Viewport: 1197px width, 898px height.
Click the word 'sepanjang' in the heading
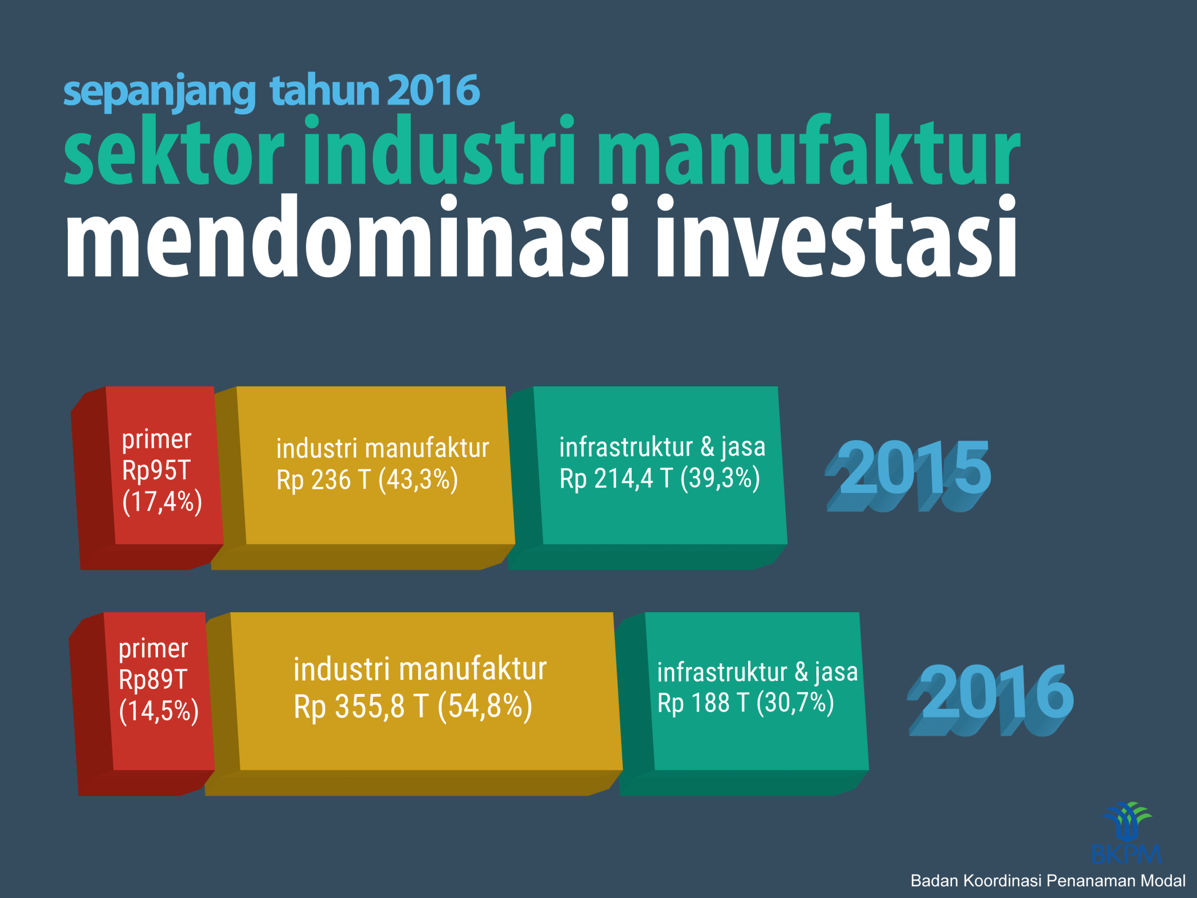pyautogui.click(x=159, y=92)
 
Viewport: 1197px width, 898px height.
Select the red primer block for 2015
pyautogui.click(x=147, y=478)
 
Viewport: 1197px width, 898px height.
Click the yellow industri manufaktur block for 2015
pyautogui.click(x=362, y=478)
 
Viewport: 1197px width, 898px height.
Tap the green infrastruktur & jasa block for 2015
pyautogui.click(x=647, y=478)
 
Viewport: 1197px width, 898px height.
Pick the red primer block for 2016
pyautogui.click(x=142, y=704)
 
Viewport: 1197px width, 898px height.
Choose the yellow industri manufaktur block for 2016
pyautogui.click(x=414, y=704)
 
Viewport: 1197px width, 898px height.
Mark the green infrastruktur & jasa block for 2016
pyautogui.click(x=744, y=704)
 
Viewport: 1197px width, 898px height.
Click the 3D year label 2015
pyautogui.click(x=908, y=475)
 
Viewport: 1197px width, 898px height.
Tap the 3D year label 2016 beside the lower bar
pyautogui.click(x=990, y=700)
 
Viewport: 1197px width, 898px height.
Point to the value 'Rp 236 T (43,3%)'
pyautogui.click(x=367, y=480)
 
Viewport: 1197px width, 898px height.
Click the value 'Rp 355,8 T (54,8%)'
pyautogui.click(x=413, y=706)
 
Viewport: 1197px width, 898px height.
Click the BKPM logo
pyautogui.click(x=1127, y=833)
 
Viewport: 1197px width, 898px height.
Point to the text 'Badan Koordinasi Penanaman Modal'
pyautogui.click(x=1048, y=881)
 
